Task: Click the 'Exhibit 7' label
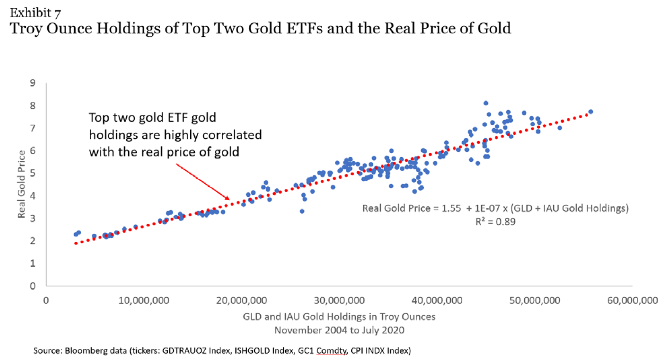click(x=35, y=13)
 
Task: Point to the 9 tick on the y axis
click(x=33, y=83)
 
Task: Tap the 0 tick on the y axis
click(x=33, y=286)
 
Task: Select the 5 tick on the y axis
click(x=33, y=173)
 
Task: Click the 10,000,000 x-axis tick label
click(x=144, y=301)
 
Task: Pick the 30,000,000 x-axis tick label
click(x=339, y=301)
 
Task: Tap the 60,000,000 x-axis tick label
click(x=632, y=301)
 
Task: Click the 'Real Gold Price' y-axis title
click(x=22, y=184)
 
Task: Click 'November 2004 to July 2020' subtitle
click(x=339, y=330)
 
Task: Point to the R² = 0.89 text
click(x=495, y=222)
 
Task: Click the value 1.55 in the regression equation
click(x=451, y=208)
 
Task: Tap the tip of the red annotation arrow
click(x=229, y=200)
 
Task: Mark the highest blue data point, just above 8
click(x=486, y=103)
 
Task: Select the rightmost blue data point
click(x=591, y=112)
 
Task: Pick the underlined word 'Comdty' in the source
click(x=331, y=351)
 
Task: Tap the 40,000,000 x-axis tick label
click(x=437, y=301)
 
